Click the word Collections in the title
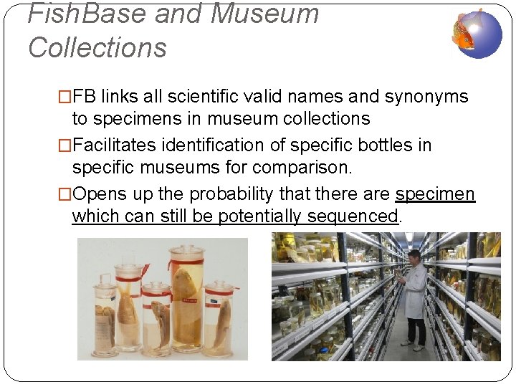click(97, 47)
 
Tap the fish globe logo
click(477, 33)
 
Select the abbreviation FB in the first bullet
click(85, 97)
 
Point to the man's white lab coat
click(414, 290)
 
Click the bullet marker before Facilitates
click(65, 145)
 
